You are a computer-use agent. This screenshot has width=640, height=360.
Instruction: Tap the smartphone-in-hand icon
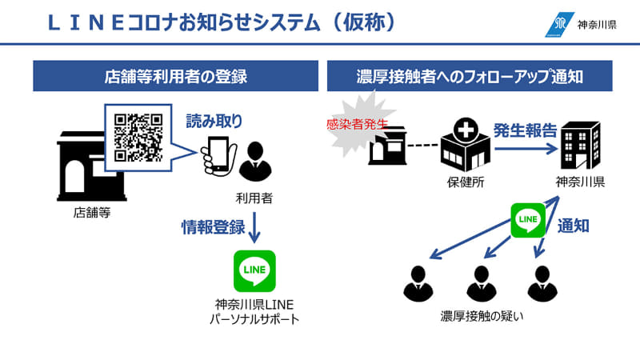pyautogui.click(x=216, y=154)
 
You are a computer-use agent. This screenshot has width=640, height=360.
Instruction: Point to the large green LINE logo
pyautogui.click(x=254, y=270)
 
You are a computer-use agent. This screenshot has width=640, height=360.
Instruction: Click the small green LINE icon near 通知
pyautogui.click(x=528, y=219)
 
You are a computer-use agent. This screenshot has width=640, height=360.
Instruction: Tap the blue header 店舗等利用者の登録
pyautogui.click(x=175, y=77)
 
